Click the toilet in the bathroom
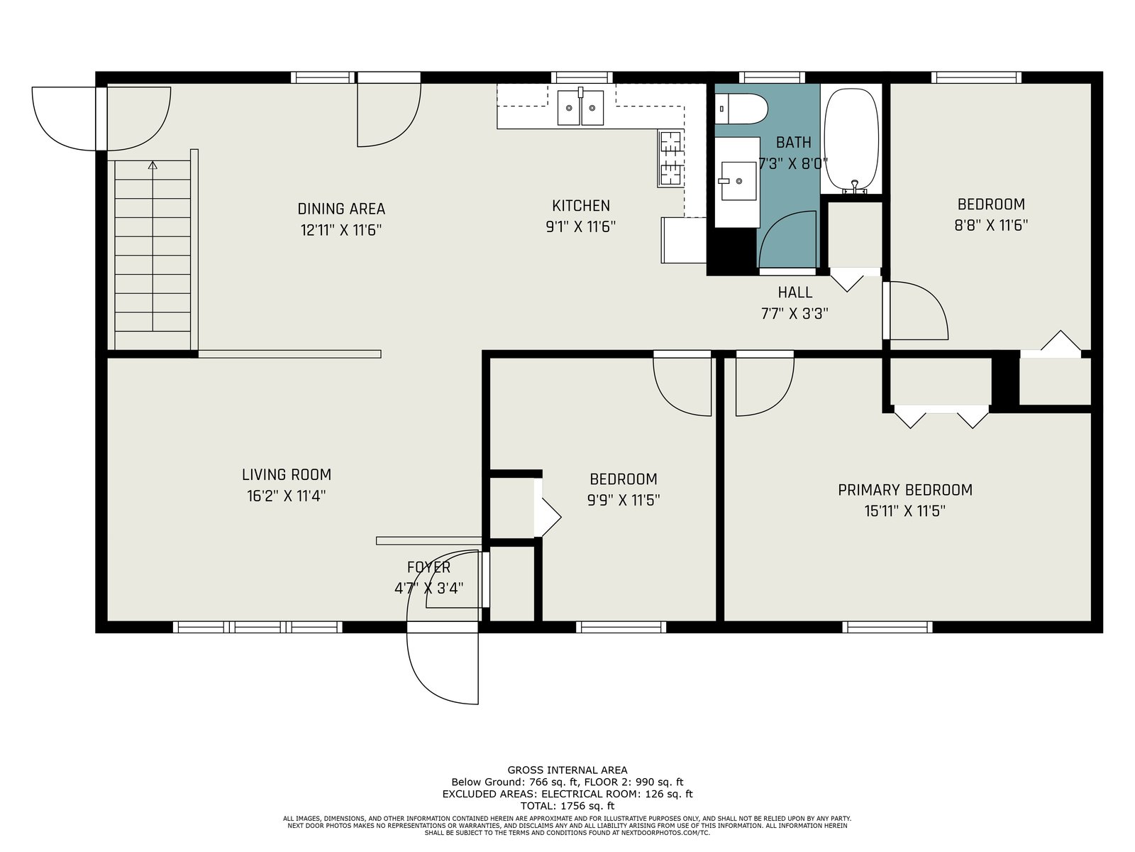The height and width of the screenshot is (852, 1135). (x=741, y=109)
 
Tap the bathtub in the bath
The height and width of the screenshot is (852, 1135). (x=851, y=141)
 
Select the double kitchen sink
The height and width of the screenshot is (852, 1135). (x=580, y=108)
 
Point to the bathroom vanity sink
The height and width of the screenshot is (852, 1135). (x=738, y=180)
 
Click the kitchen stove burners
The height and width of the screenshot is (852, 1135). (x=670, y=158)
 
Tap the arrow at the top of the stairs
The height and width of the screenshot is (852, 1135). (x=153, y=165)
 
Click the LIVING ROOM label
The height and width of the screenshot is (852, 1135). (x=287, y=474)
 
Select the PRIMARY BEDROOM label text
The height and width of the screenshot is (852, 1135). (x=905, y=490)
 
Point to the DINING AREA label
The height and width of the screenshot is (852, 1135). (x=341, y=209)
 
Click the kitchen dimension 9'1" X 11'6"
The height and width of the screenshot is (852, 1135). (x=581, y=226)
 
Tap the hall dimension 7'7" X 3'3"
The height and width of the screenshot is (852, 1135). (x=794, y=314)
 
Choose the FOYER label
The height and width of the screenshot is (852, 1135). (x=428, y=567)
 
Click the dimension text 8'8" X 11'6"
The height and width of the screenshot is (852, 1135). (x=991, y=225)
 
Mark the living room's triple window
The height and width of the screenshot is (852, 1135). (x=258, y=627)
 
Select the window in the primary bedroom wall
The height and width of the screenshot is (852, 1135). (x=887, y=627)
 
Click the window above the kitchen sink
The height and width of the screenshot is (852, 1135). (x=582, y=77)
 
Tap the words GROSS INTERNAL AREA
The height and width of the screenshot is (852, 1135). (x=567, y=770)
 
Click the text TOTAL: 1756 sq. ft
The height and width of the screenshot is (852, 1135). (x=567, y=805)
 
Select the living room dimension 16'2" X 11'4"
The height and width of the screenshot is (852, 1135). (x=287, y=496)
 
